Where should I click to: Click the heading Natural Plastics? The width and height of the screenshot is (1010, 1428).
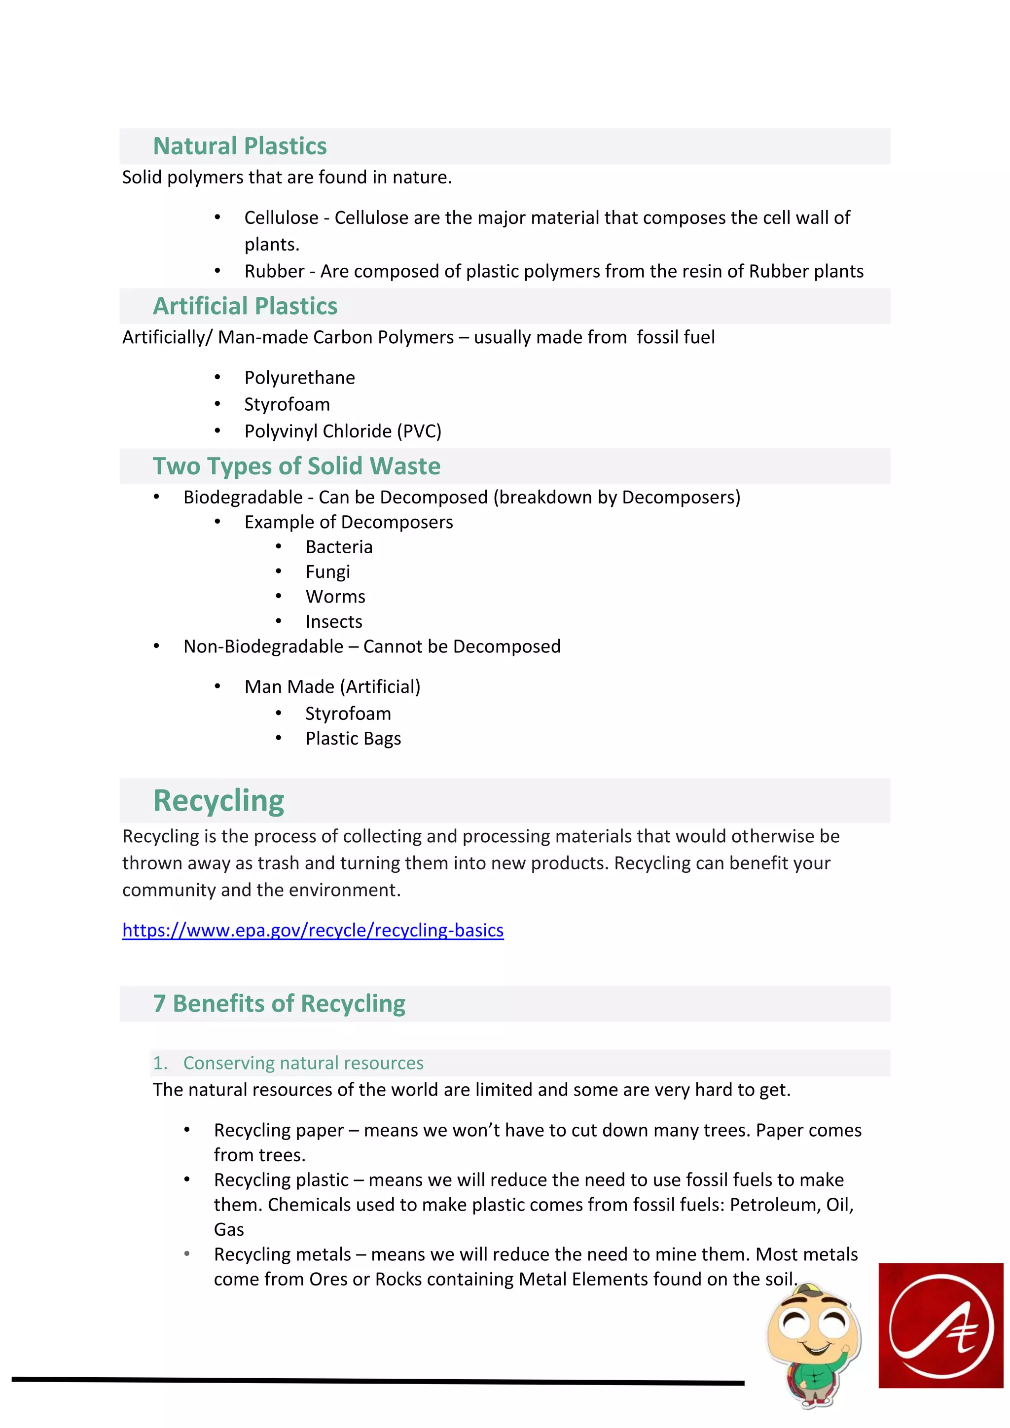point(240,146)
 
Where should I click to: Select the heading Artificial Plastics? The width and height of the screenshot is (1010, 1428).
point(245,306)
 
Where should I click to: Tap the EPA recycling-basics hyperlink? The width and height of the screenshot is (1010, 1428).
point(313,930)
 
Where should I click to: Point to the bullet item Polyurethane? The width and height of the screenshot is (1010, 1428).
point(299,378)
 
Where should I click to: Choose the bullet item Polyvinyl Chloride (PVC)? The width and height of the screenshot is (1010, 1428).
point(343,431)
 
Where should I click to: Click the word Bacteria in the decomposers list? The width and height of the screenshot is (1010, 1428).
point(339,547)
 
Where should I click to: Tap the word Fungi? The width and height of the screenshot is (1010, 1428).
point(328,571)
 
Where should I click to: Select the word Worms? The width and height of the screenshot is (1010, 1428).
point(335,597)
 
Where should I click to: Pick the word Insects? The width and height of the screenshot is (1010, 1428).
point(333,621)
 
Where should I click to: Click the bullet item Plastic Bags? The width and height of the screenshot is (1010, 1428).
point(353,738)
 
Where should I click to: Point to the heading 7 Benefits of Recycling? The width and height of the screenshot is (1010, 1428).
point(279,1003)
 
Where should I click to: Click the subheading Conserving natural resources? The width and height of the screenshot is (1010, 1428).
point(303,1063)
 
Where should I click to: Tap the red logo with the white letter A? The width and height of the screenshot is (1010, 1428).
point(940,1325)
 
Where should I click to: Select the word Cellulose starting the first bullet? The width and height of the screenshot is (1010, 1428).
point(281,217)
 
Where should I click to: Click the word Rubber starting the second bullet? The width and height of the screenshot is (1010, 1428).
point(274,271)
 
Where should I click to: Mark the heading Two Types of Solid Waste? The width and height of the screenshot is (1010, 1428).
point(297,466)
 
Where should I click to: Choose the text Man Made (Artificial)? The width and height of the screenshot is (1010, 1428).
point(332,687)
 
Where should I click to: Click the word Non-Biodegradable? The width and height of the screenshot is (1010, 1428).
point(263,646)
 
